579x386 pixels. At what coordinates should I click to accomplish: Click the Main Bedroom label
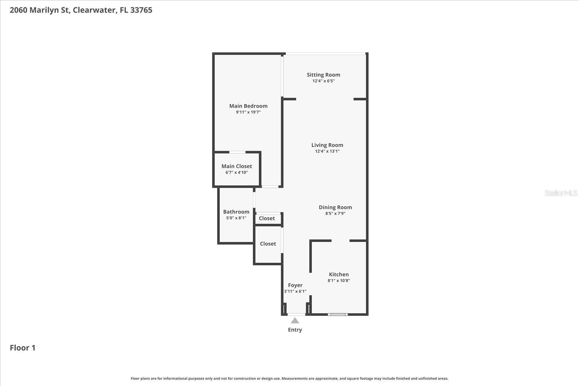(248, 106)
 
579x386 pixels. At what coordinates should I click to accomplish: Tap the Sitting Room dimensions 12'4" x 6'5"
(324, 81)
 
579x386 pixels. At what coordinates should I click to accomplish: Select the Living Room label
(327, 145)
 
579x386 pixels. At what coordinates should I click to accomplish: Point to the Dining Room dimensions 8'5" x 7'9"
(335, 213)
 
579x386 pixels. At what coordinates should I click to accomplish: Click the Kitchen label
(339, 274)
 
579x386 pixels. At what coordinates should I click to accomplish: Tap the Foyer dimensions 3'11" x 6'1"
(295, 291)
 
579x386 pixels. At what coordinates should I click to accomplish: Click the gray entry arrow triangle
(295, 321)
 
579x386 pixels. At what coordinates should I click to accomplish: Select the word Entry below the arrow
(295, 330)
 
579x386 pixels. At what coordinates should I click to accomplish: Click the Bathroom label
(236, 212)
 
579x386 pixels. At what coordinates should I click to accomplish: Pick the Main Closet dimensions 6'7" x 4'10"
(237, 173)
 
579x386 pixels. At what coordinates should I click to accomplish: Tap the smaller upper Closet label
(267, 218)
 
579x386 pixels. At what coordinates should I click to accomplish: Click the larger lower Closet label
(268, 243)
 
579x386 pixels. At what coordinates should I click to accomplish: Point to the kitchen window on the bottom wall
(338, 314)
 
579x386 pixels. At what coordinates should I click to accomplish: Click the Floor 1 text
(22, 348)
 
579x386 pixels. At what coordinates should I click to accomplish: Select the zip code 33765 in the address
(141, 10)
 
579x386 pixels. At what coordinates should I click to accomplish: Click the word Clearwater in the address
(94, 10)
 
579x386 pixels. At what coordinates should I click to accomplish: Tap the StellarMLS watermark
(561, 193)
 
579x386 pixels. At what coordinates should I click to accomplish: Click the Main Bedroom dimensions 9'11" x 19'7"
(248, 112)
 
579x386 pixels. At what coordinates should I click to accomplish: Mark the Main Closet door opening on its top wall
(237, 152)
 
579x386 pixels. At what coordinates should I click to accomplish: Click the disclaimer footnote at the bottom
(289, 378)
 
